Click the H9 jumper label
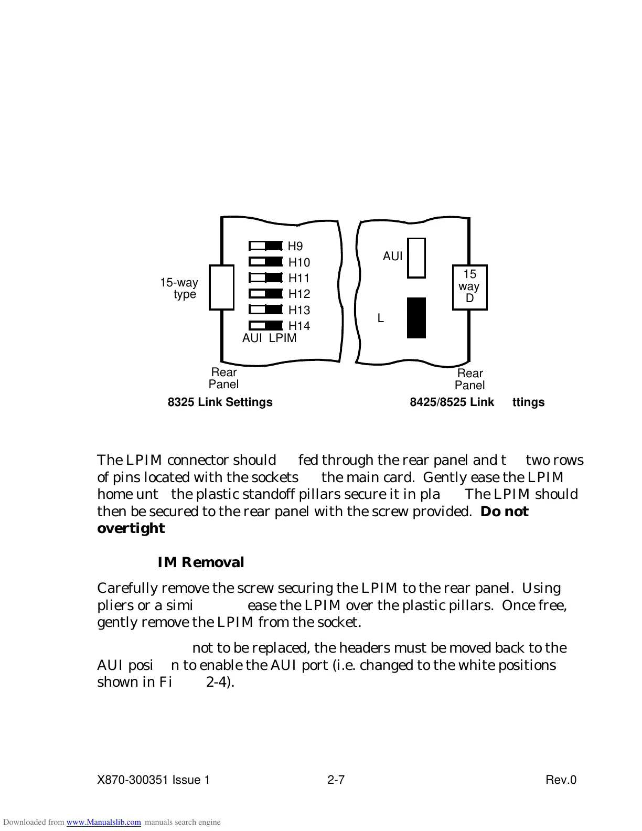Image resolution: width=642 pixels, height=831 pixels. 295,246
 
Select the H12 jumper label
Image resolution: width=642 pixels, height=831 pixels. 299,294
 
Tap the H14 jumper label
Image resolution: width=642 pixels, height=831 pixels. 299,326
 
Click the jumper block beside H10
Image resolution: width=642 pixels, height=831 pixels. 266,261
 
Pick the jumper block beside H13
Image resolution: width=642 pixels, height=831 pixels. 266,310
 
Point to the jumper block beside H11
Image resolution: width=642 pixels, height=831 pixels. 266,277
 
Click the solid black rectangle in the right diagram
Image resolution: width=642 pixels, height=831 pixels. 416,318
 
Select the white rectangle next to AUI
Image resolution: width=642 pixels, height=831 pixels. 416,258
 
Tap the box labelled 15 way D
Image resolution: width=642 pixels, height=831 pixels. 469,287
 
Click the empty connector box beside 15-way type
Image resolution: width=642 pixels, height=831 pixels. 221,287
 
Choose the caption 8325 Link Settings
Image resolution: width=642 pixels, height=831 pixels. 220,402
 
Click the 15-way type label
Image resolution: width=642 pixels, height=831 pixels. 179,289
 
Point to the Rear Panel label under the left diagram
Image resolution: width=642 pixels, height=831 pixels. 223,378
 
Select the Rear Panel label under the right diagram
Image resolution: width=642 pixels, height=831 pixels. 469,379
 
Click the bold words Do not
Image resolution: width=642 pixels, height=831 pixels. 504,512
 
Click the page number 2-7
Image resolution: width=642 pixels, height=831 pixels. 336,780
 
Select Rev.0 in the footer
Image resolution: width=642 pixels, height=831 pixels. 561,780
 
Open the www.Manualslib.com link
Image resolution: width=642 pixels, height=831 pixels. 103,822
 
